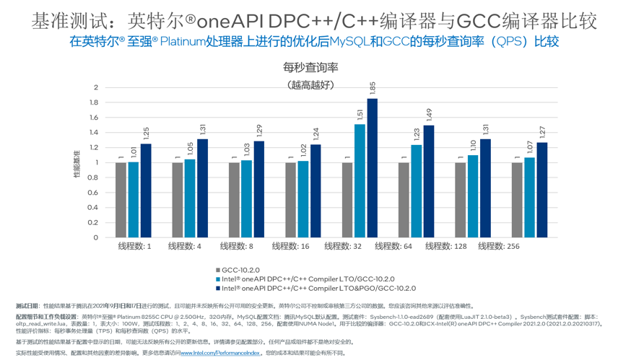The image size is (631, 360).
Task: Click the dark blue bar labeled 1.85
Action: click(372, 168)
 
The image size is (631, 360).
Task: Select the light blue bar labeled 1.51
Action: click(360, 180)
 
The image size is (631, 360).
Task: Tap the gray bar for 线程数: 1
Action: click(121, 200)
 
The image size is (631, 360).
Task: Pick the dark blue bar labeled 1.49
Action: click(429, 181)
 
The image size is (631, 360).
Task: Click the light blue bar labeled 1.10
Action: click(473, 196)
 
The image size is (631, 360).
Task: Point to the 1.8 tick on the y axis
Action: click(93, 102)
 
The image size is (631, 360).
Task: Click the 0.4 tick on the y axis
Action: click(93, 208)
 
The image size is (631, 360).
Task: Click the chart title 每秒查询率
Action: click(310, 68)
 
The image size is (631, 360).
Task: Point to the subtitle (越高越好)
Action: click(310, 84)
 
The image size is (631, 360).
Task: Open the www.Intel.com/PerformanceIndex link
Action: click(219, 354)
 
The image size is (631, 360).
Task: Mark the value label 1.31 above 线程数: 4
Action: click(204, 129)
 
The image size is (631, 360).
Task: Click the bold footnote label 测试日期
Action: click(27, 306)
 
